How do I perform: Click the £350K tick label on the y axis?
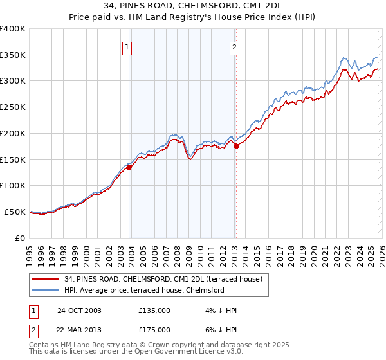tap(13, 55)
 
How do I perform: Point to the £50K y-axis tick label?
tap(15, 212)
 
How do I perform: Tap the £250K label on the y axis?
tap(13, 107)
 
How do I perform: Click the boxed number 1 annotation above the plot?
tap(127, 47)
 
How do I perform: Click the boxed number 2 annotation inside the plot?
tap(235, 47)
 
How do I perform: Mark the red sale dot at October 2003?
tap(129, 167)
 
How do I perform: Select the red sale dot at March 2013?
tap(236, 146)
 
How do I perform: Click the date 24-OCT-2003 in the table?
tap(79, 310)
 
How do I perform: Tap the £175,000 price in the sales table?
tap(154, 329)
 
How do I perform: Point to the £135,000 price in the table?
tap(154, 310)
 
